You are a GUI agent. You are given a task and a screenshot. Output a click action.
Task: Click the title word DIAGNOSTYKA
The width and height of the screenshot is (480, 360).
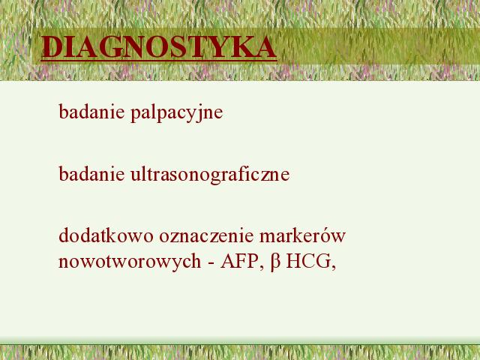point(159,47)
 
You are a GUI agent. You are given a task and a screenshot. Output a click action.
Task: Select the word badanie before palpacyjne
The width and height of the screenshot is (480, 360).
point(91,112)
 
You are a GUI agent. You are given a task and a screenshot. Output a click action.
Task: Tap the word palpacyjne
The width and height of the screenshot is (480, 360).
point(177,113)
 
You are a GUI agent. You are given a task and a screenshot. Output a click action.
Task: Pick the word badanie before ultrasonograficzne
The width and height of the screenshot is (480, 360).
point(91,173)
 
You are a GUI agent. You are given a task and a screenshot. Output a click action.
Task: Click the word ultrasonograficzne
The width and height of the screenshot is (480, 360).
point(210,175)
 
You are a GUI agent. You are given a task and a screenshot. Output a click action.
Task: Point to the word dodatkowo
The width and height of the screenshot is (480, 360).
point(106,235)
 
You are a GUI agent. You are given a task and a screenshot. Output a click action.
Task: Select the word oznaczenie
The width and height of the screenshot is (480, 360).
point(207,236)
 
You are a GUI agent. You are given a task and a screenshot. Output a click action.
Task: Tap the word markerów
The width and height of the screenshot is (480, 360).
point(302,236)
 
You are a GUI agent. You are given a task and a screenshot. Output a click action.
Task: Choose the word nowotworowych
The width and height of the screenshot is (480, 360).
point(130,262)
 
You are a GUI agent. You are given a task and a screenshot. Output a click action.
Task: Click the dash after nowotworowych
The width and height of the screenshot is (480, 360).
point(211,263)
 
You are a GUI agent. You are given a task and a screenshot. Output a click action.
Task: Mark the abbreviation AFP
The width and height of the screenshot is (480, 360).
point(238,262)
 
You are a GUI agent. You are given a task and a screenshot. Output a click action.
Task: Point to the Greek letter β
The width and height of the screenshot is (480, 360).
point(275,263)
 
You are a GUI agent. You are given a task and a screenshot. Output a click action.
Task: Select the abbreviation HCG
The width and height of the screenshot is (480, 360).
point(308,262)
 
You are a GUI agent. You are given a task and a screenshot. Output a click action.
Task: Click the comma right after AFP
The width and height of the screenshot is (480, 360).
point(262,268)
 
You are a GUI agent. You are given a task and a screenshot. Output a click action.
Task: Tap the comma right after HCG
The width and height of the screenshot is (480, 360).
point(334,268)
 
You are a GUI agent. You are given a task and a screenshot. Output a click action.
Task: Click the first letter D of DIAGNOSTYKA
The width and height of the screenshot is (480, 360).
point(52,47)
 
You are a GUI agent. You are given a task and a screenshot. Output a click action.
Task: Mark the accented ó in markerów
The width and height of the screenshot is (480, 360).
point(328,235)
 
